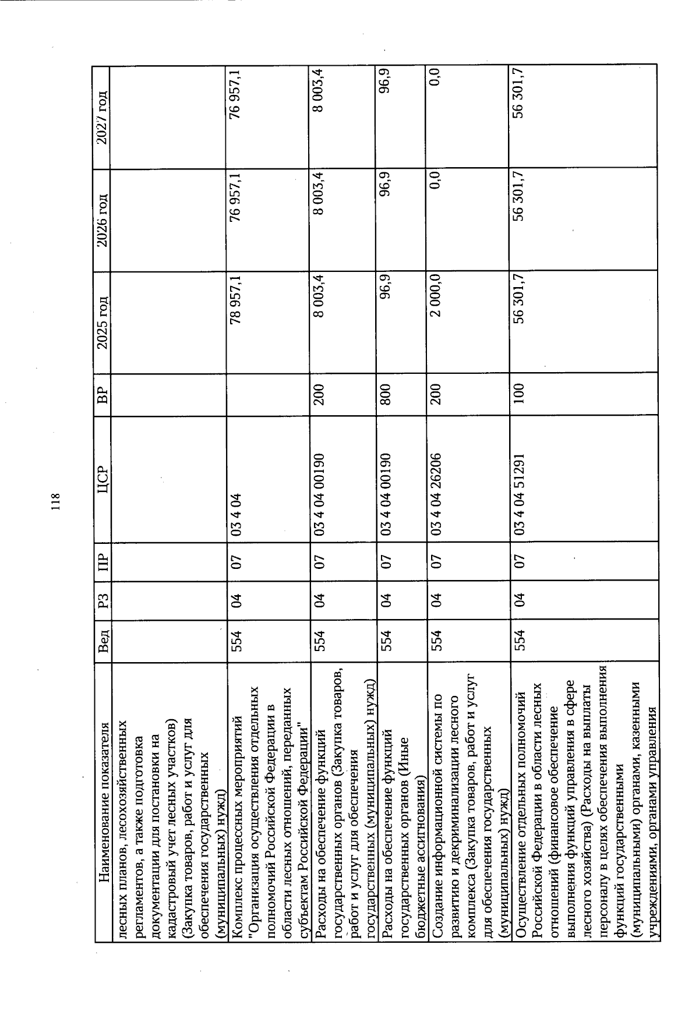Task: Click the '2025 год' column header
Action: pyautogui.click(x=103, y=321)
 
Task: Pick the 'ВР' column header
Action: pyautogui.click(x=103, y=393)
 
